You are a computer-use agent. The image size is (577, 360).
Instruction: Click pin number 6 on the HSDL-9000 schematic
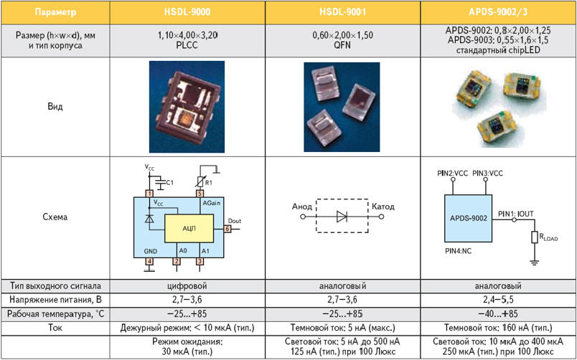pos(227,229)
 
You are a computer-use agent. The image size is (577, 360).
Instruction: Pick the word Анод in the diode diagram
pos(303,207)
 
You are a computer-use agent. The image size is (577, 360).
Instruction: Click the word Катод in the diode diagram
pos(383,207)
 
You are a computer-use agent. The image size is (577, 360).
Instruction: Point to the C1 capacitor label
pos(169,182)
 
